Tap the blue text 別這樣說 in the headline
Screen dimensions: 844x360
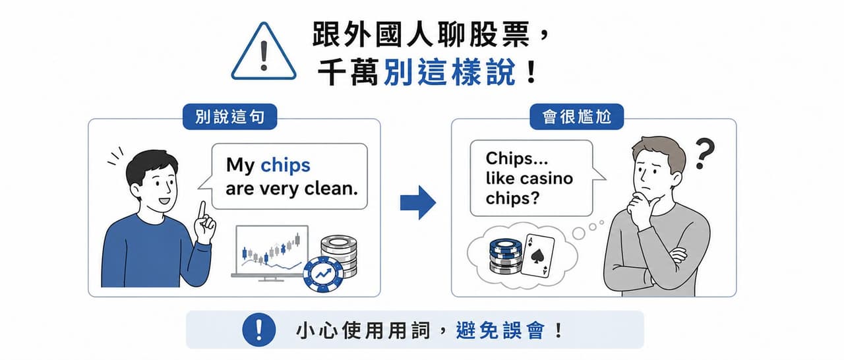point(450,72)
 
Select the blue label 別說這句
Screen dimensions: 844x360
point(230,117)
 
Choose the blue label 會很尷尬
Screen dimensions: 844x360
point(576,117)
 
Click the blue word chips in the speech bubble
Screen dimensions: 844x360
point(286,165)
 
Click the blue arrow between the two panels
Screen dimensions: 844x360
point(418,202)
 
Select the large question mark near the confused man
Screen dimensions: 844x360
point(704,153)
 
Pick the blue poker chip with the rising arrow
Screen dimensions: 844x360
point(323,274)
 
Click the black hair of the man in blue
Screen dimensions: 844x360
point(152,165)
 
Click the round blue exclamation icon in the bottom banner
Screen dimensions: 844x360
point(259,330)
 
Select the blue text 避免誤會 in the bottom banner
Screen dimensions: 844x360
point(500,330)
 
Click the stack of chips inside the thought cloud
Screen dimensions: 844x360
point(506,257)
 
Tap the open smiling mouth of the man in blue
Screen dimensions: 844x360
point(164,200)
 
